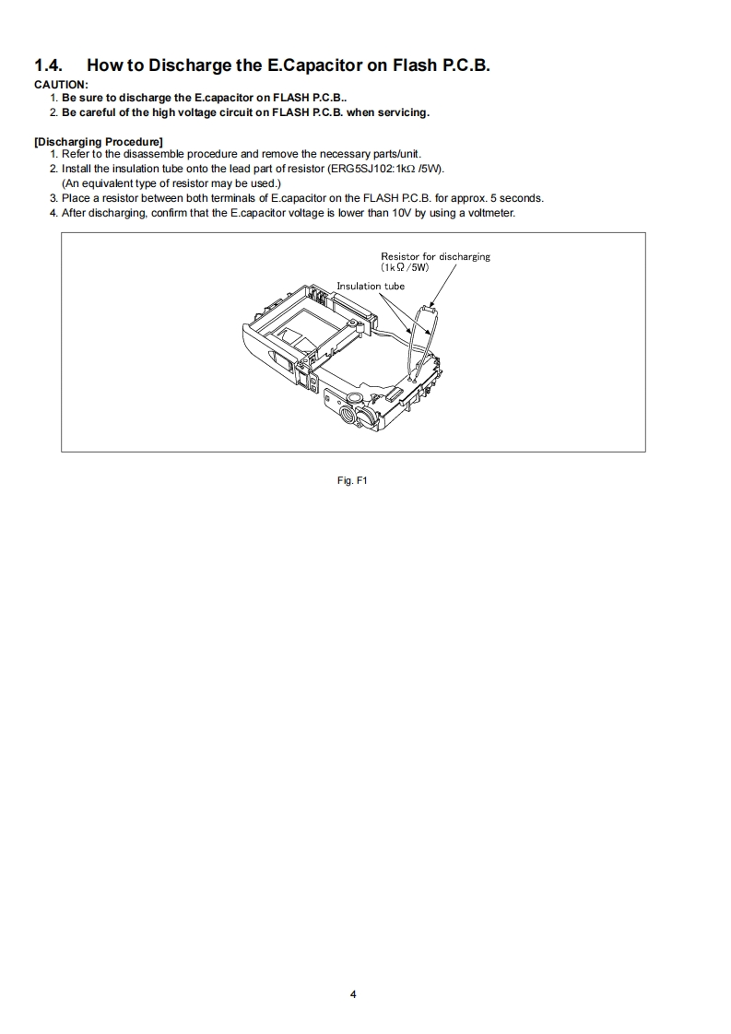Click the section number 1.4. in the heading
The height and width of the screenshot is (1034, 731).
(x=51, y=65)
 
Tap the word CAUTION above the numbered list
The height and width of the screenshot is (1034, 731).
(x=60, y=85)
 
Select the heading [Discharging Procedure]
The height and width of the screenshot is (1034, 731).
(x=99, y=141)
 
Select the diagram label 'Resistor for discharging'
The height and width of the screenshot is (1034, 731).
(x=435, y=256)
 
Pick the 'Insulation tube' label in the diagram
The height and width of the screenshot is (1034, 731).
(x=371, y=286)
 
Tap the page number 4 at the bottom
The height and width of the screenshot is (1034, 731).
(x=353, y=994)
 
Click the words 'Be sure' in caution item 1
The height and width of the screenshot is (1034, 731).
(x=78, y=98)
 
